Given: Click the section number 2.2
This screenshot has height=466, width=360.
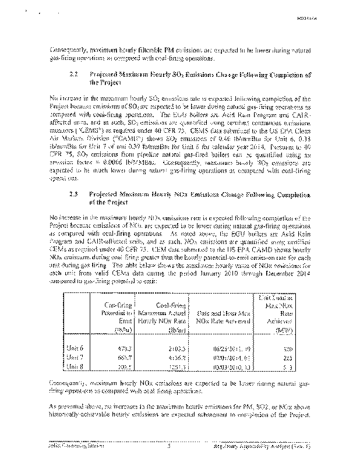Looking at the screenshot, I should (72, 75).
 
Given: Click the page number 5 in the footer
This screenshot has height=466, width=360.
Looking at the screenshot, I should (168, 447).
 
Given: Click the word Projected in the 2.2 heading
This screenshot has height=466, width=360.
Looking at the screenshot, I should (105, 75).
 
